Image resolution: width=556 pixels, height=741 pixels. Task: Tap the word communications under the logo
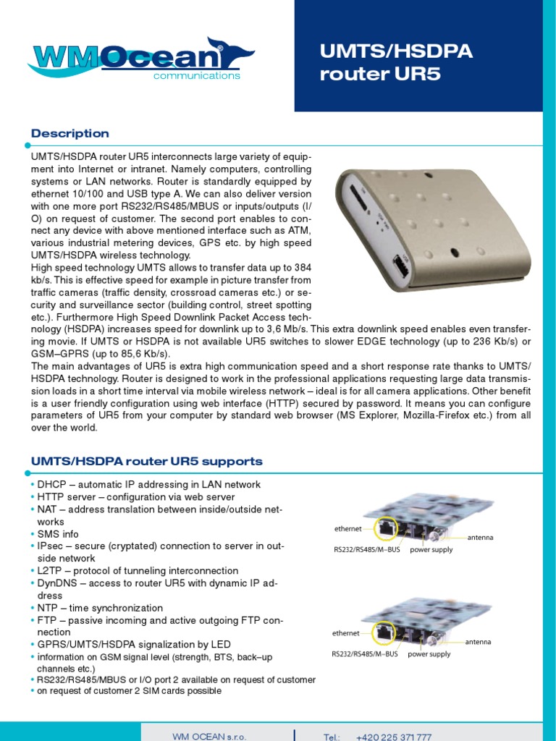click(x=195, y=75)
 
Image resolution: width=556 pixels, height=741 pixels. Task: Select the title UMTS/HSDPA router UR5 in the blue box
click(x=397, y=62)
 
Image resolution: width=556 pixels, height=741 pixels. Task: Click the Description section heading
click(x=70, y=133)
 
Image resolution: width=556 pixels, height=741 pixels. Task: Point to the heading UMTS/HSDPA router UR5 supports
click(x=147, y=461)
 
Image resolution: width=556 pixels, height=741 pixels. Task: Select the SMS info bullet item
click(x=59, y=534)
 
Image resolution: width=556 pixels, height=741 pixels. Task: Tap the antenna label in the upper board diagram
click(x=480, y=538)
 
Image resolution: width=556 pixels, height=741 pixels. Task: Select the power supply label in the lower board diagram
click(x=429, y=654)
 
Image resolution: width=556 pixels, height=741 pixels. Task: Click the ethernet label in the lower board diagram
click(x=345, y=633)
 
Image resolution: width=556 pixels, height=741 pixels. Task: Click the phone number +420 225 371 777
click(x=394, y=737)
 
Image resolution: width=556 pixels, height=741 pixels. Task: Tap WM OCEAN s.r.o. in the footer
click(x=209, y=737)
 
